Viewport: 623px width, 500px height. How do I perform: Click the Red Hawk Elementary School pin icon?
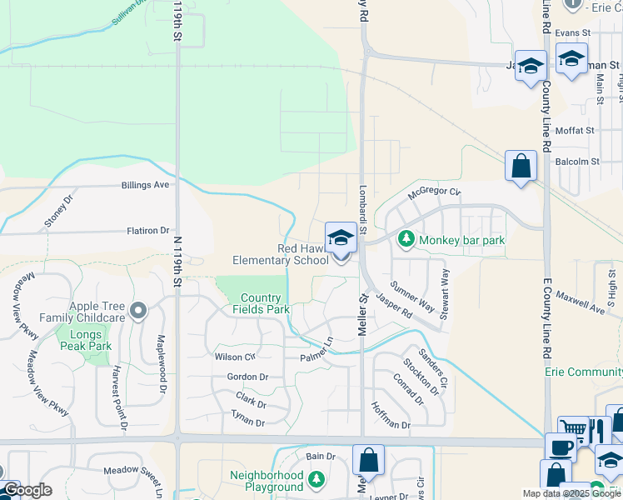[x=341, y=239]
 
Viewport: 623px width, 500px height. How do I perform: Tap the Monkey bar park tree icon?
[x=406, y=240]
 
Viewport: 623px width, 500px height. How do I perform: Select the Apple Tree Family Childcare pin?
[x=138, y=312]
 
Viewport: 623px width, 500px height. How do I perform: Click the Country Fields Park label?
[x=265, y=303]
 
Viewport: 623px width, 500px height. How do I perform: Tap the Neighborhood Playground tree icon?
[x=315, y=479]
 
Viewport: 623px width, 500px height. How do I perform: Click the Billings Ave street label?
[x=145, y=184]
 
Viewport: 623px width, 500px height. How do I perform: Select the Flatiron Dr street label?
[x=147, y=230]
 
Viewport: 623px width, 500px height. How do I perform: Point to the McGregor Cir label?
[x=434, y=193]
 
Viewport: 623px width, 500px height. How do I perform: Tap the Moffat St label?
[x=576, y=131]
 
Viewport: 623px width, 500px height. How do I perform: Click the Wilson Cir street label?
[x=234, y=357]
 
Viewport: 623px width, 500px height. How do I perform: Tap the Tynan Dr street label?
[x=247, y=422]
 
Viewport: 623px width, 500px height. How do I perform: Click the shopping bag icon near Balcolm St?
[x=521, y=166]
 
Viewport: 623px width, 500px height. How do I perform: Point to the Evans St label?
[x=572, y=32]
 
